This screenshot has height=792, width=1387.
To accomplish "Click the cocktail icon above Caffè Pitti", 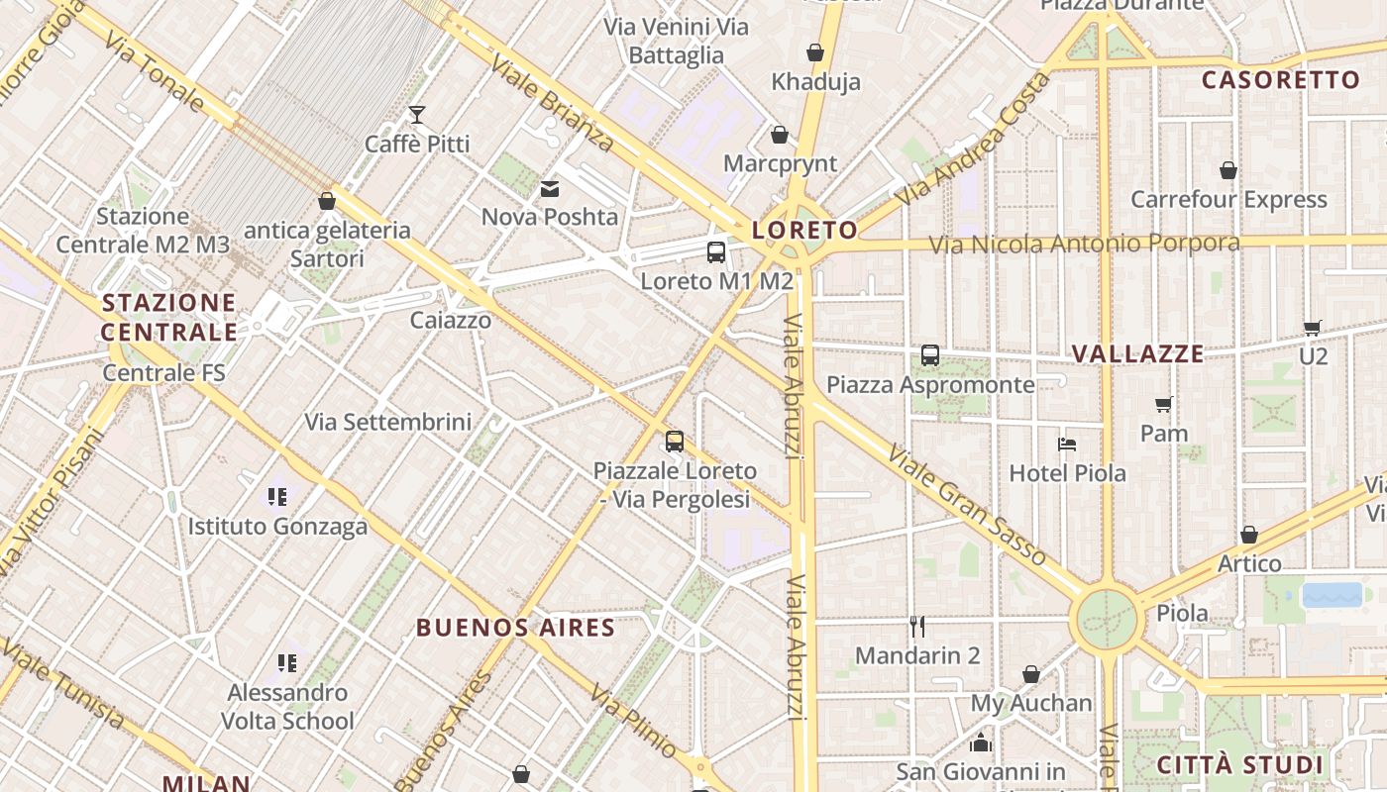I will [417, 115].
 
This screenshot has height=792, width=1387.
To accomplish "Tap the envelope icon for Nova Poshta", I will [550, 188].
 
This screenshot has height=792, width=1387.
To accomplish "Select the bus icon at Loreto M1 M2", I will [716, 251].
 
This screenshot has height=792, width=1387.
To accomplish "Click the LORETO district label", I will [804, 231].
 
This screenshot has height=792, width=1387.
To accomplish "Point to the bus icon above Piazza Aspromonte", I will [930, 354].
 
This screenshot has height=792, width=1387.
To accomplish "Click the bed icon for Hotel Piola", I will [1067, 444].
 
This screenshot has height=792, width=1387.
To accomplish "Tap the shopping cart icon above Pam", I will [1164, 404].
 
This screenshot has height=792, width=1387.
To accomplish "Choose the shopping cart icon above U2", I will [1313, 327].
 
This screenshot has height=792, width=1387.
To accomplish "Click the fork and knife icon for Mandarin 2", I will [917, 626].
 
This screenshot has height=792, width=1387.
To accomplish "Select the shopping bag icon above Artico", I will [1249, 535].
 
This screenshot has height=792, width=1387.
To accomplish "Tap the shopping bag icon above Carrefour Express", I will [1228, 170].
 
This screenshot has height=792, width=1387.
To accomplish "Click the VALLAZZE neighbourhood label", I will [1138, 353].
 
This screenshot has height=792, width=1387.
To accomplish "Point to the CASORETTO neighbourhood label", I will [1280, 80].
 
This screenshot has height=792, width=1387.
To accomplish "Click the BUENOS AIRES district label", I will [515, 628].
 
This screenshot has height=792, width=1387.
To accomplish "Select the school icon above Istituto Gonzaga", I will [277, 496].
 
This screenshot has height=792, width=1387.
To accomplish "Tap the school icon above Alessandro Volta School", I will [287, 662].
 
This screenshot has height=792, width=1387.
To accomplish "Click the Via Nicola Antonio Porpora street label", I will [1084, 244].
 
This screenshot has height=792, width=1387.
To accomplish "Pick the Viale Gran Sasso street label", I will [966, 506].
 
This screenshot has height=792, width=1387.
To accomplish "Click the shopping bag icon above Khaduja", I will [815, 51].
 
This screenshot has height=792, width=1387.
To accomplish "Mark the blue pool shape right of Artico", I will [1332, 595].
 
